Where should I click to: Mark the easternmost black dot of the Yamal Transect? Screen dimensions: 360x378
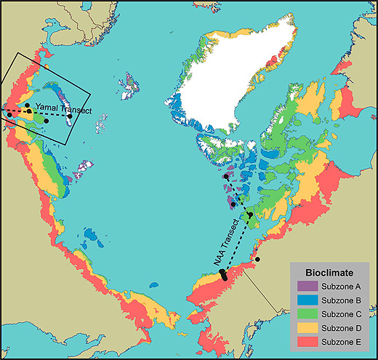point(70,116)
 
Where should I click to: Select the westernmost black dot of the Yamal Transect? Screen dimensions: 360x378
point(9,113)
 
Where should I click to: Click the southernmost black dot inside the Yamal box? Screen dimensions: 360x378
point(47,121)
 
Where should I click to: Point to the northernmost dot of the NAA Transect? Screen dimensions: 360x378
point(226,177)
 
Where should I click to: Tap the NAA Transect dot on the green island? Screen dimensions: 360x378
point(250,215)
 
